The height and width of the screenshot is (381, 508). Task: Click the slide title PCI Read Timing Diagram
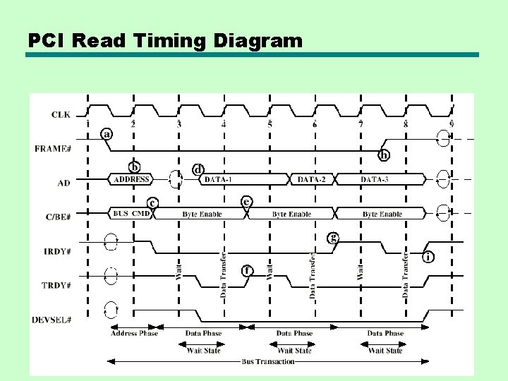pyautogui.click(x=165, y=41)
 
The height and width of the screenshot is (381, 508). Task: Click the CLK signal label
pyautogui.click(x=61, y=114)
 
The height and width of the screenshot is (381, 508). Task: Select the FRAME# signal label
pyautogui.click(x=53, y=148)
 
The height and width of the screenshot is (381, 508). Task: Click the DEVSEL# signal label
pyautogui.click(x=52, y=320)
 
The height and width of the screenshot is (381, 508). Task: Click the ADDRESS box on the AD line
pyautogui.click(x=132, y=179)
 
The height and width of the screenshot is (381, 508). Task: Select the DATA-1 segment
pyautogui.click(x=218, y=179)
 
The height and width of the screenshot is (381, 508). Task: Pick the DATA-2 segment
pyautogui.click(x=312, y=179)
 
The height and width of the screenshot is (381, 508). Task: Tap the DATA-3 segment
pyautogui.click(x=375, y=179)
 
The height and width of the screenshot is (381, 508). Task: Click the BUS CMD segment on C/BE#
pyautogui.click(x=131, y=214)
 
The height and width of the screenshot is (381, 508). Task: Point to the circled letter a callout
pyautogui.click(x=107, y=133)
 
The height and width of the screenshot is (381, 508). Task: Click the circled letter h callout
pyautogui.click(x=385, y=155)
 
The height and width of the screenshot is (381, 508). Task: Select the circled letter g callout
pyautogui.click(x=334, y=238)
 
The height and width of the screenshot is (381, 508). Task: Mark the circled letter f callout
pyautogui.click(x=248, y=270)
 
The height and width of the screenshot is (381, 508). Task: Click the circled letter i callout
pyautogui.click(x=428, y=257)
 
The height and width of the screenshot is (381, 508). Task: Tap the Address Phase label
pyautogui.click(x=134, y=333)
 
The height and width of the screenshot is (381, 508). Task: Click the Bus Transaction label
pyautogui.click(x=267, y=361)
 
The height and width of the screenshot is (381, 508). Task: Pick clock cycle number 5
pyautogui.click(x=270, y=125)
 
